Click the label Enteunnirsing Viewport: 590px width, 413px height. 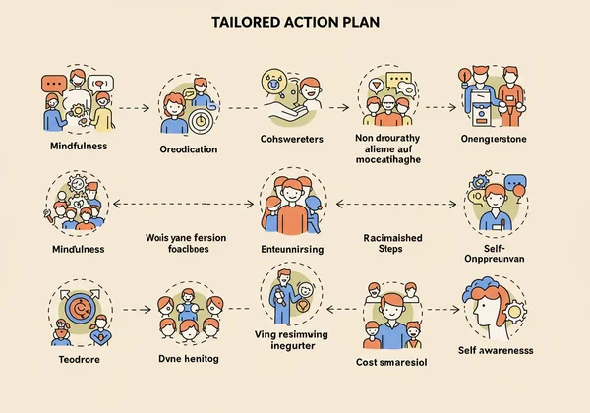coord(293,250)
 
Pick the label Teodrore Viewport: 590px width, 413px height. coord(74,360)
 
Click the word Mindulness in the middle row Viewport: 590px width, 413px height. coord(77,250)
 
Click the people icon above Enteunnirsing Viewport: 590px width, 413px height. coord(292,201)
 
